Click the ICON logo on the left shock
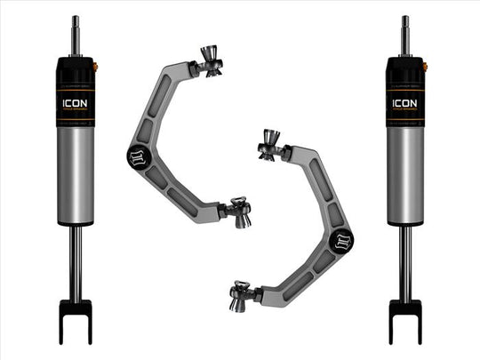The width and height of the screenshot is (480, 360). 75,101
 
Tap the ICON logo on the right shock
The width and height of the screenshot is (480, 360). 404,101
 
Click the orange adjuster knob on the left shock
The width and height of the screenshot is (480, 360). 95,68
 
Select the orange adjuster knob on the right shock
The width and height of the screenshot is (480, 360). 425,68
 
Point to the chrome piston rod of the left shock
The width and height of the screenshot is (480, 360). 75,258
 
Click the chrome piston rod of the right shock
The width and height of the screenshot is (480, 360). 404,258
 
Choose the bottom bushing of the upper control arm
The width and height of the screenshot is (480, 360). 237,211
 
